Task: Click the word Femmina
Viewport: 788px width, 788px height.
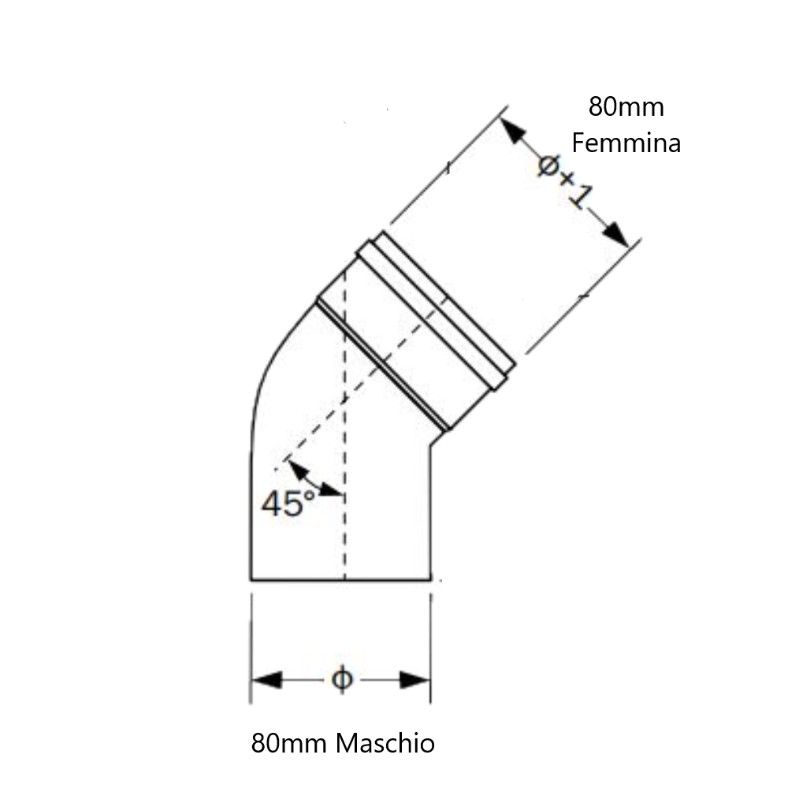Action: (x=626, y=143)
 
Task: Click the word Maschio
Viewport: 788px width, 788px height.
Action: (x=385, y=743)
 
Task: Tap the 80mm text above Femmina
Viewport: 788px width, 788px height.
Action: (x=626, y=107)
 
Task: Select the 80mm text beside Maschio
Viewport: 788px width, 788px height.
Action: (x=289, y=743)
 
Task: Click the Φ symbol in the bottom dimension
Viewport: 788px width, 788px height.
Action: (x=342, y=679)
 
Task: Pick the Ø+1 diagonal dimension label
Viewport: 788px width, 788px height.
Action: (x=565, y=181)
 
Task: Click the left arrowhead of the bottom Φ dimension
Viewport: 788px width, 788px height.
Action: (x=266, y=680)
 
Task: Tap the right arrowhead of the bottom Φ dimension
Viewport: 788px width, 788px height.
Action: (x=415, y=680)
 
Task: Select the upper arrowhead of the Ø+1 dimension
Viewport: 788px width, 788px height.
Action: (x=514, y=130)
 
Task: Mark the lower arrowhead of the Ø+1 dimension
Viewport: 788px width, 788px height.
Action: (x=616, y=234)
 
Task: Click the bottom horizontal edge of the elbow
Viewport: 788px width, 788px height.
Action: (x=340, y=581)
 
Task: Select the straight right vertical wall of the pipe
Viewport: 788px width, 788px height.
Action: (x=429, y=513)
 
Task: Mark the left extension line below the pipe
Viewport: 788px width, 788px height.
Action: (x=251, y=649)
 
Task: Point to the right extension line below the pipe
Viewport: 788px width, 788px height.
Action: (x=431, y=649)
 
